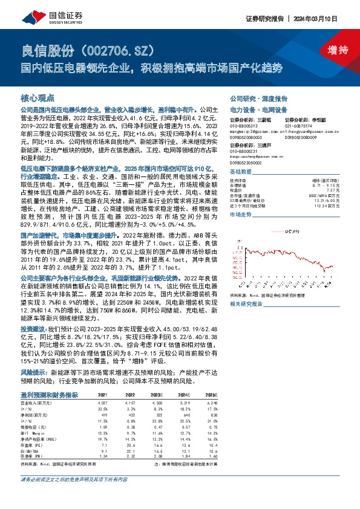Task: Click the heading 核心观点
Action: tap(38, 97)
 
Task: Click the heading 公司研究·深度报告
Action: tap(258, 98)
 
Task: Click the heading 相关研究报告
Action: tap(246, 305)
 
